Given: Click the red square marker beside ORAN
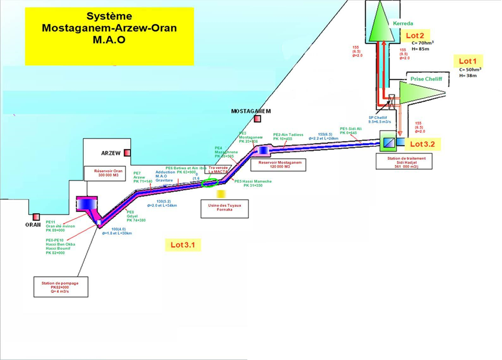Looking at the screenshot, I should point(36,216).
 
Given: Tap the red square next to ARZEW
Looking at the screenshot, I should point(127,153).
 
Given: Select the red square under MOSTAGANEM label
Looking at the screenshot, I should point(257,119).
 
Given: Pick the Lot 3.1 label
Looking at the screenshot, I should point(186,244).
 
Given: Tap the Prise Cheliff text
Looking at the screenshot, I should point(426,79).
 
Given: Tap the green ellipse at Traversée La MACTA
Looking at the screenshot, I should point(211,182).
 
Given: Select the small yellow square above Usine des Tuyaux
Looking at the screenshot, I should point(221,194).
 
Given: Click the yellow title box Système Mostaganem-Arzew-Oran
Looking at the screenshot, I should point(109,36).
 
